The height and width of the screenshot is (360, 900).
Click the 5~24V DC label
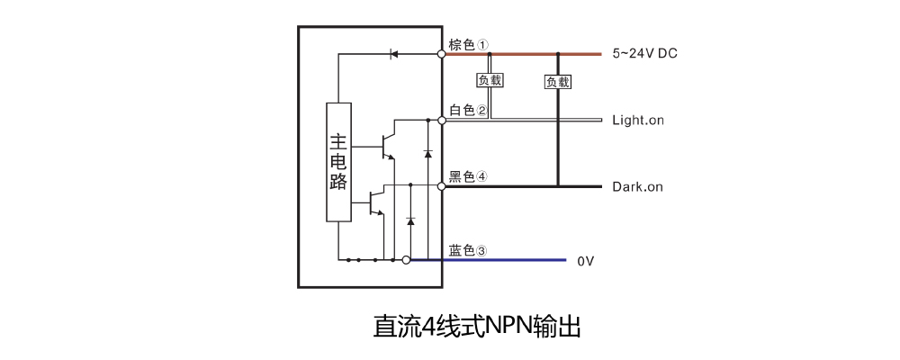click(x=644, y=53)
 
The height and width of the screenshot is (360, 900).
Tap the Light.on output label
click(x=637, y=120)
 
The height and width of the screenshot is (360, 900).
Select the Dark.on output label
click(x=637, y=187)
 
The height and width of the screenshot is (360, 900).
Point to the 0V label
click(x=586, y=261)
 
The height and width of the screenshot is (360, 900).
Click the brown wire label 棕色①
click(x=469, y=44)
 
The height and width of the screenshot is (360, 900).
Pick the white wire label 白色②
click(x=468, y=110)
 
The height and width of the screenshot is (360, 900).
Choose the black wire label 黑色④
click(x=468, y=176)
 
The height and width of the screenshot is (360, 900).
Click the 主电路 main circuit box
click(x=338, y=162)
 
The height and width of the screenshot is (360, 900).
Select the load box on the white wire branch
click(x=490, y=80)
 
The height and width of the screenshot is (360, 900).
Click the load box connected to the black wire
click(x=558, y=82)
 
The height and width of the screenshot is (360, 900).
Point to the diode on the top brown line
click(x=393, y=54)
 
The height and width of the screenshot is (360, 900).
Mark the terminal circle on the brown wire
click(x=442, y=54)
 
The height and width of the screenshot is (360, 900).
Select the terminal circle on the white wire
click(x=442, y=120)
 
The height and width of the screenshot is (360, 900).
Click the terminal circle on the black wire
click(x=442, y=186)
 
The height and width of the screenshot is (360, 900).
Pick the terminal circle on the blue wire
click(x=406, y=260)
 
